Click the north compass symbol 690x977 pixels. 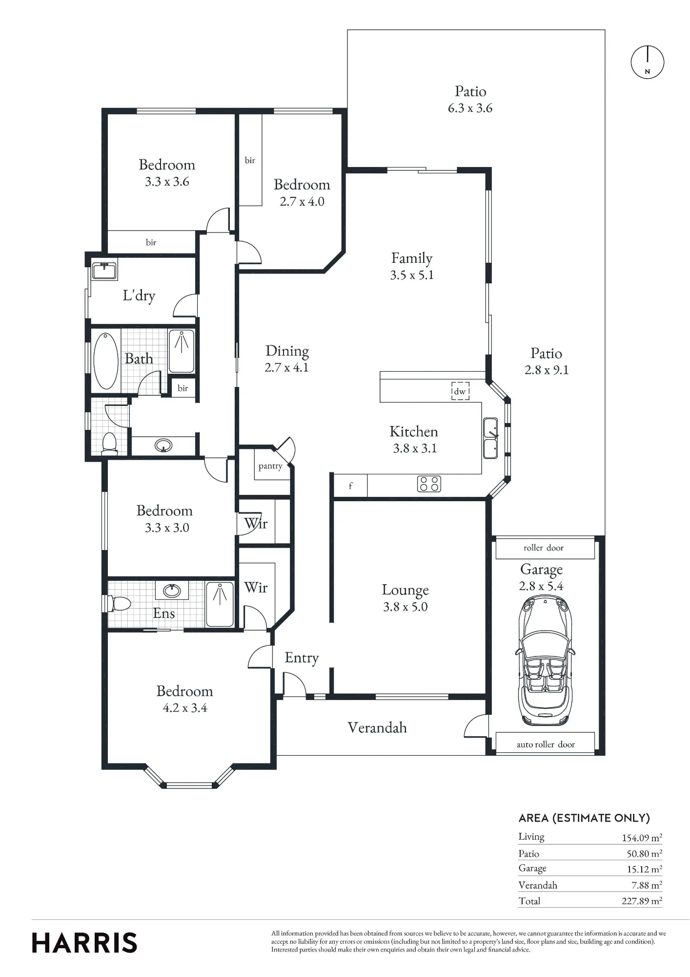[x=648, y=63]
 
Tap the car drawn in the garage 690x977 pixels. [x=545, y=661]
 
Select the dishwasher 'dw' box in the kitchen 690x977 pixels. [x=460, y=391]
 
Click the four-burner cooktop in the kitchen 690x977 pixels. [x=429, y=484]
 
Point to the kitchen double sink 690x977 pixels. [x=490, y=438]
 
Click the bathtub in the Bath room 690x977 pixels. [x=105, y=361]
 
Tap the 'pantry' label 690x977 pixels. [x=270, y=466]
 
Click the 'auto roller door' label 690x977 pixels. [x=546, y=744]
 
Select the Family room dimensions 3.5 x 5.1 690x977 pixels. [x=412, y=275]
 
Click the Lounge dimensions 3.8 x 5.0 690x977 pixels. [x=405, y=607]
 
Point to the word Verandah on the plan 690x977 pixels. [x=377, y=727]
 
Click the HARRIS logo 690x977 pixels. [x=84, y=943]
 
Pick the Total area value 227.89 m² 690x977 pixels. [x=642, y=901]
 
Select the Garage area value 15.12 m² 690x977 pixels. [x=644, y=869]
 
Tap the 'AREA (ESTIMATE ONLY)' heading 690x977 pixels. [x=584, y=818]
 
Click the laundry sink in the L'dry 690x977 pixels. [x=104, y=271]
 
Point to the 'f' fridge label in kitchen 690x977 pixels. [x=350, y=486]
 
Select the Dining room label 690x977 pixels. [x=287, y=351]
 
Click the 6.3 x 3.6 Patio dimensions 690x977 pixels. [x=470, y=108]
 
